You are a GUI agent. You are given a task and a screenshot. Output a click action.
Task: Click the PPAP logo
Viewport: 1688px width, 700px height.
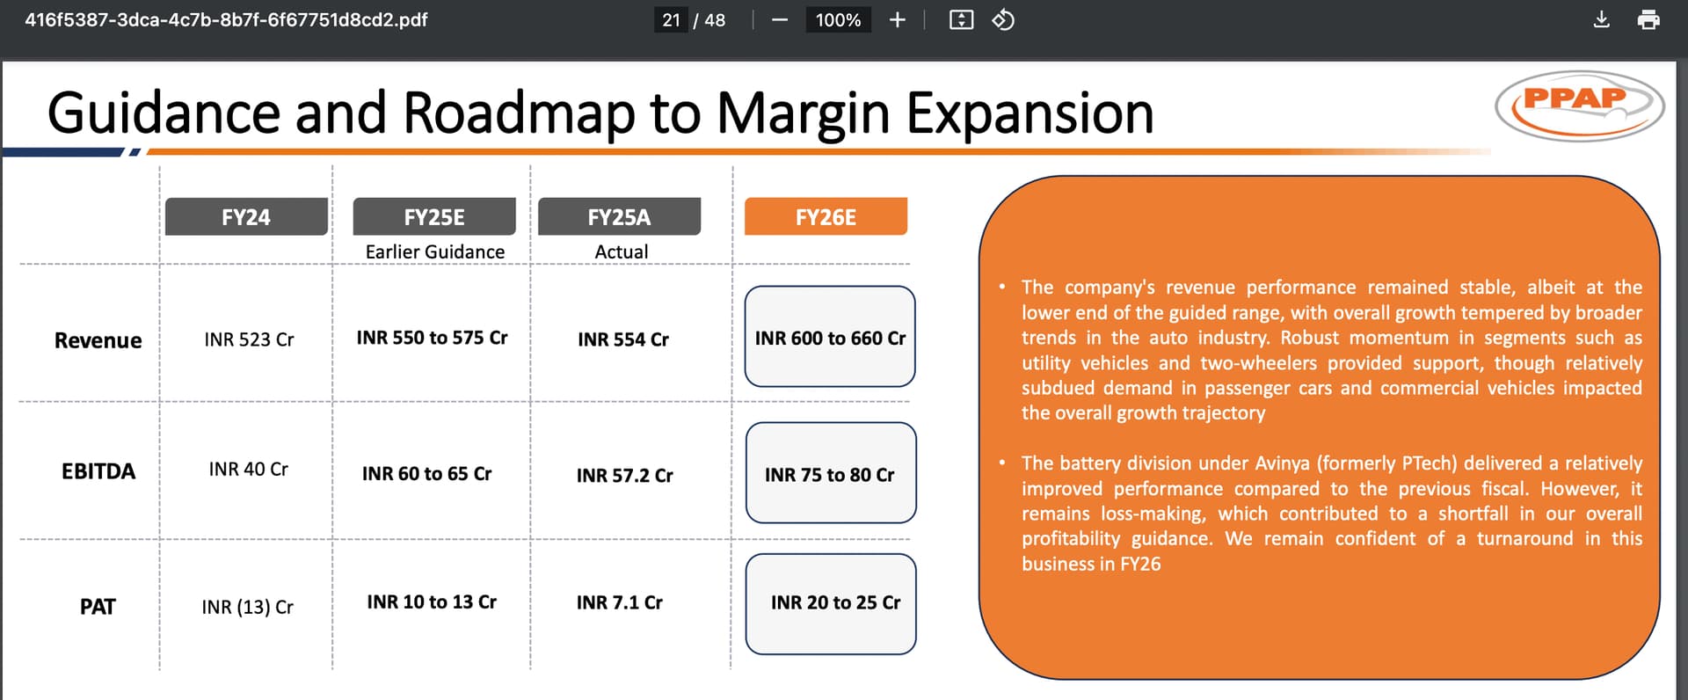click(x=1579, y=106)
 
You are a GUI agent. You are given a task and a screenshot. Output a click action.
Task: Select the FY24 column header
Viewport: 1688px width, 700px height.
click(x=246, y=216)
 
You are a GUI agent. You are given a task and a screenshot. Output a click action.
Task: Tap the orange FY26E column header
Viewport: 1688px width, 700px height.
click(x=826, y=216)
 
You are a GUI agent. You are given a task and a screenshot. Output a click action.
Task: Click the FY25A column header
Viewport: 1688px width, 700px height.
click(x=619, y=216)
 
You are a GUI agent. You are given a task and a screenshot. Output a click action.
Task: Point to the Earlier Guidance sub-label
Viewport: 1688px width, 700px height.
click(x=435, y=252)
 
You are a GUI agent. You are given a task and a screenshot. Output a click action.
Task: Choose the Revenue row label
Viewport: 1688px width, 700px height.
click(x=98, y=340)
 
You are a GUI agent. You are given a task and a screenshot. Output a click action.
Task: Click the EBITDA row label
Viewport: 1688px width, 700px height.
click(x=98, y=471)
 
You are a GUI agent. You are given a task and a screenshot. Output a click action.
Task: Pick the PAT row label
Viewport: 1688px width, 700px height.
click(x=98, y=607)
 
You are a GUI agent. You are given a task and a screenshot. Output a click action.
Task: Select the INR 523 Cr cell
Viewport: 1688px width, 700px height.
click(x=249, y=339)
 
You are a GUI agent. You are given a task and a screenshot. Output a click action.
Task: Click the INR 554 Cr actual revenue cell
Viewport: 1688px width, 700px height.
click(x=623, y=339)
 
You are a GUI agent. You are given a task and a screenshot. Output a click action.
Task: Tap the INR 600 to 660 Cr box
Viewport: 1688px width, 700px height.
click(x=830, y=337)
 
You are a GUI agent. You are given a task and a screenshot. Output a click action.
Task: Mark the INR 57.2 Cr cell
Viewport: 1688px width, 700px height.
click(x=625, y=476)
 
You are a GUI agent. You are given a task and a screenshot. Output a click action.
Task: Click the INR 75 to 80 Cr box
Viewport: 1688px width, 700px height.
click(x=831, y=473)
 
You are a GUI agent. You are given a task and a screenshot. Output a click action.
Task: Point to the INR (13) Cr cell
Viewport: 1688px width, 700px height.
click(x=247, y=608)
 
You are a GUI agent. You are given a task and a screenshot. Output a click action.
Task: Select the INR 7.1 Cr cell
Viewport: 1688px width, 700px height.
click(x=620, y=602)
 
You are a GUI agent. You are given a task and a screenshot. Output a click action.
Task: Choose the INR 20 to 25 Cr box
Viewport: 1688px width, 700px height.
click(x=831, y=604)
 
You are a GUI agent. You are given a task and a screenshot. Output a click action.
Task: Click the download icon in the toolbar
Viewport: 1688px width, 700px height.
click(x=1602, y=19)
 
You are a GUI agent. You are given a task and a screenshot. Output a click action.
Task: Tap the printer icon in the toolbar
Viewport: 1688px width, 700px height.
click(x=1648, y=19)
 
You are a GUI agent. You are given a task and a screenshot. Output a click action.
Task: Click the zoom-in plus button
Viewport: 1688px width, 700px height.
click(x=897, y=19)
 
